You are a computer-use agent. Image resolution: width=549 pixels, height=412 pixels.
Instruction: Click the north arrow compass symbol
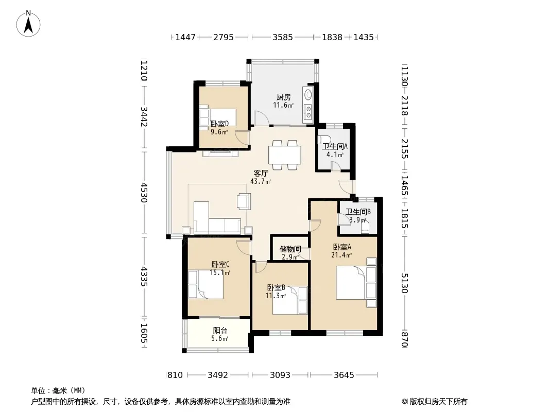28,24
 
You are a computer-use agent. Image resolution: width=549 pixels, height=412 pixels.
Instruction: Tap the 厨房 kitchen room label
284,97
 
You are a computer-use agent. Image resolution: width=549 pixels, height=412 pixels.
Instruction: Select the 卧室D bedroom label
219,124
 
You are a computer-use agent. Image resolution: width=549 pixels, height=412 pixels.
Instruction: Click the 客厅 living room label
261,173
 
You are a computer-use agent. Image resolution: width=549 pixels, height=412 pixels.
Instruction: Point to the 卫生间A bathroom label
335,147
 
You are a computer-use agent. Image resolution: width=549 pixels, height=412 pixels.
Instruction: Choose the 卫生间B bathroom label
358,212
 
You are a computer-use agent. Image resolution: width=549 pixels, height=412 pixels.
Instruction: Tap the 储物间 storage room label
290,249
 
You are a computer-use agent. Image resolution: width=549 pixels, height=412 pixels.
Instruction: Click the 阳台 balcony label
220,331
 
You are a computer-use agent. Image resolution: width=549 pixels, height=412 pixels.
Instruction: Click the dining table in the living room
285,155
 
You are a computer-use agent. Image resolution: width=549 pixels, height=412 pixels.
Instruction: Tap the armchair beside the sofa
244,201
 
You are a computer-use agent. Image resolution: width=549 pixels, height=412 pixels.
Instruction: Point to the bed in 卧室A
356,283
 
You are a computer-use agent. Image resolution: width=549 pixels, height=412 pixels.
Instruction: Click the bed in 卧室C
205,285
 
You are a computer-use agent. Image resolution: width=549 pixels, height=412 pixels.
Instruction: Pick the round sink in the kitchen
308,95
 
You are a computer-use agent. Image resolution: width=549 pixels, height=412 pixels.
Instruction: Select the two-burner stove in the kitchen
308,112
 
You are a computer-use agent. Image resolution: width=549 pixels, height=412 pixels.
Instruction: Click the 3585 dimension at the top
283,37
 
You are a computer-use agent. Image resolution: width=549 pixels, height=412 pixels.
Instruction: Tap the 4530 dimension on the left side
144,193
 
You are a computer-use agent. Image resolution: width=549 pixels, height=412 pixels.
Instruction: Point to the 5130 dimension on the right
404,283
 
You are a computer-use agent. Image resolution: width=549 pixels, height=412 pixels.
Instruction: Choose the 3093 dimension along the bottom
280,375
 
